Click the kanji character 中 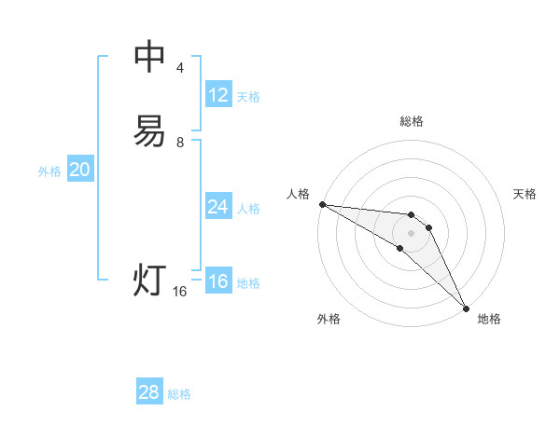click(x=149, y=57)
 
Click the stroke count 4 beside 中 click(x=180, y=67)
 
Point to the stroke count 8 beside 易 click(x=180, y=142)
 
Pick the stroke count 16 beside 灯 click(x=180, y=292)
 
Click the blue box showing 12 click(x=218, y=95)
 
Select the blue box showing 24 click(x=218, y=207)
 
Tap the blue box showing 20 click(x=80, y=170)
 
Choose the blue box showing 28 click(x=149, y=392)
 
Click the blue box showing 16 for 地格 click(x=218, y=281)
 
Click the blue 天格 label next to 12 click(x=248, y=97)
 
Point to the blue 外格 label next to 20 click(x=49, y=171)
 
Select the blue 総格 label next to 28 click(x=179, y=394)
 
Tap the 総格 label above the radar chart click(x=412, y=121)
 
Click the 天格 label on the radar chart click(x=525, y=194)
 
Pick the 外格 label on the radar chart click(x=329, y=319)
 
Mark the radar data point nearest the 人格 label click(x=322, y=203)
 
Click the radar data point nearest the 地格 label click(x=466, y=307)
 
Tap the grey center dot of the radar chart click(x=411, y=232)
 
